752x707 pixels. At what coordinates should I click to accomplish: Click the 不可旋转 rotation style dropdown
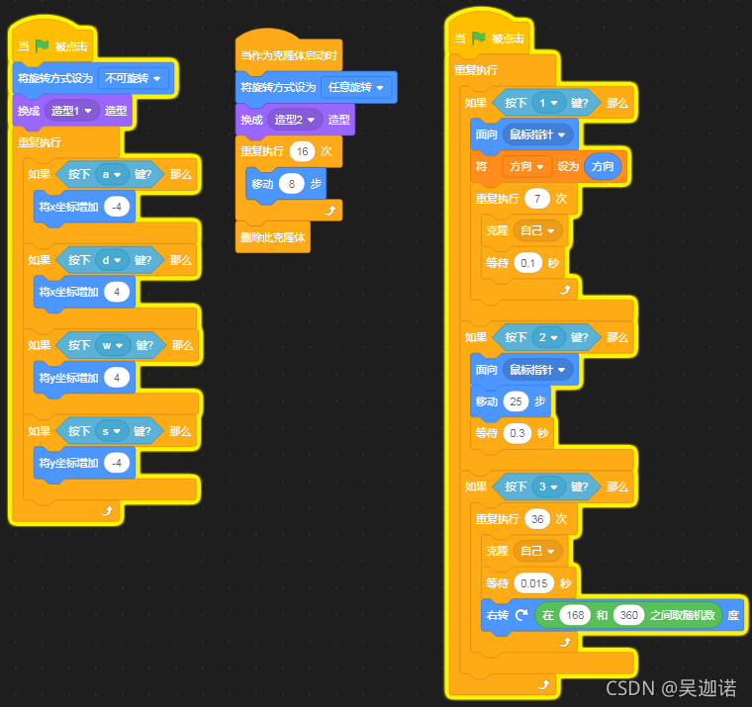(133, 78)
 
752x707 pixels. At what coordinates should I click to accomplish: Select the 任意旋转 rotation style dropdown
(356, 87)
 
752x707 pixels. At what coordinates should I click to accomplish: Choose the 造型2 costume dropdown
(297, 120)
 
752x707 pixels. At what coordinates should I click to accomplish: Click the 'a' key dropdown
(110, 175)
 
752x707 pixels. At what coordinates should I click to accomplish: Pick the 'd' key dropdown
(110, 260)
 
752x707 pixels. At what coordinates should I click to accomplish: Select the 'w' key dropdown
(111, 345)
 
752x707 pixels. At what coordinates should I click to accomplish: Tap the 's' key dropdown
(110, 431)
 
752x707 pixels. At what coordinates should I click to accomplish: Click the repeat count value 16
(303, 151)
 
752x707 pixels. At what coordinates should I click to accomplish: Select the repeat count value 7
(537, 198)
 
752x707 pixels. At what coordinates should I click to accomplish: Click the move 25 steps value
(516, 401)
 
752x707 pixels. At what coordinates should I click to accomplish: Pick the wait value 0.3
(515, 433)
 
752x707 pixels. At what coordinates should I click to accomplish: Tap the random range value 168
(574, 615)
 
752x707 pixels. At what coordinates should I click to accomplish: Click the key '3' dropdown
(547, 486)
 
